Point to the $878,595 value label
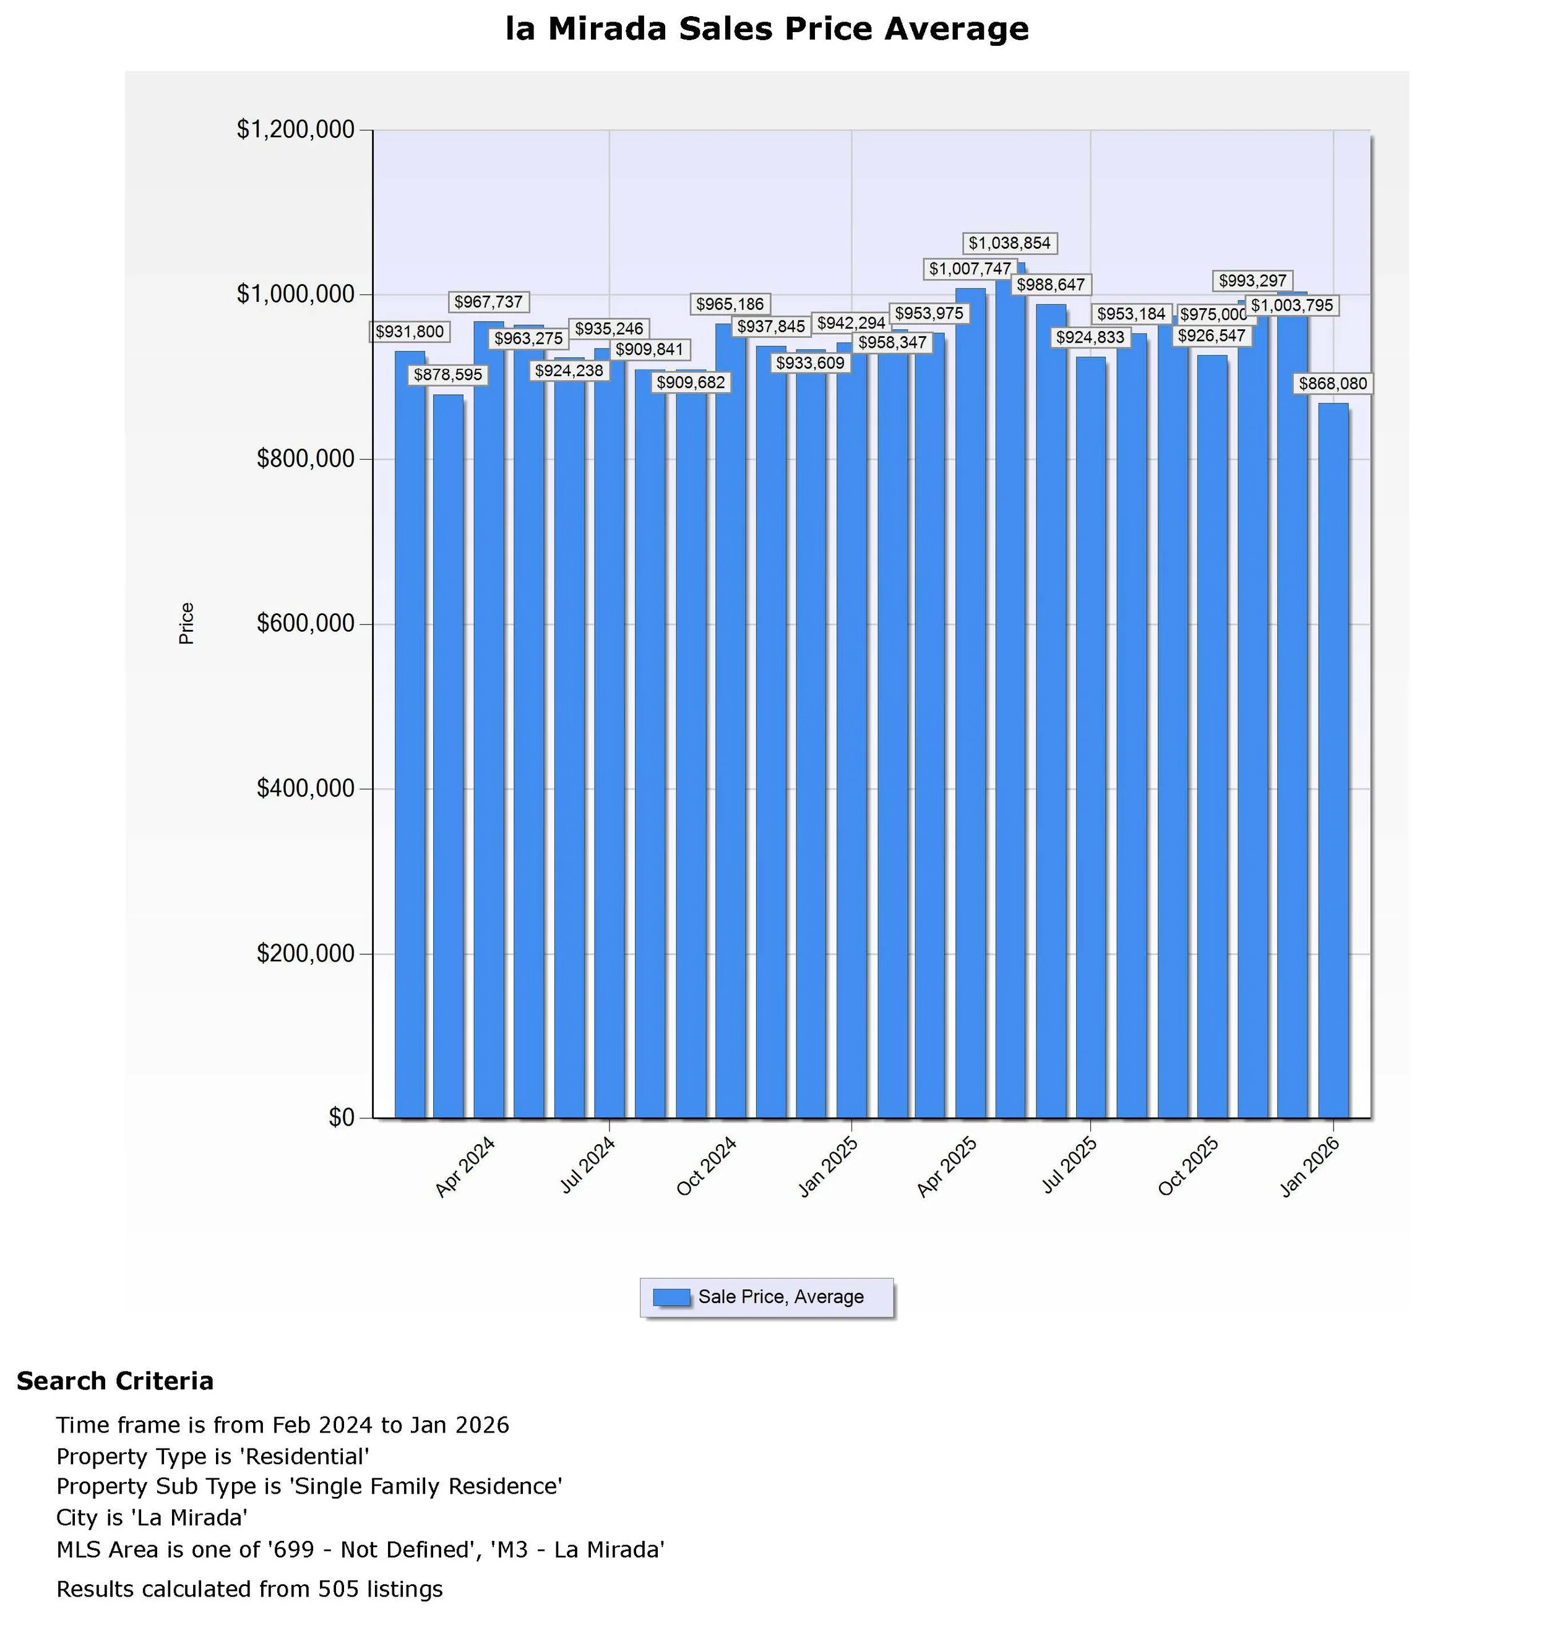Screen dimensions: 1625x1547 point(448,375)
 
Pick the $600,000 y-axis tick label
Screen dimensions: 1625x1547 point(305,624)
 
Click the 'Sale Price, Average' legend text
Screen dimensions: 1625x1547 point(780,1297)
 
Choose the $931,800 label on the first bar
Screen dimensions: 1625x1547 point(409,332)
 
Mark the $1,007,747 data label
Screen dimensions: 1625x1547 point(969,269)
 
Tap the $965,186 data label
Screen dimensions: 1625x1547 point(729,304)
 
